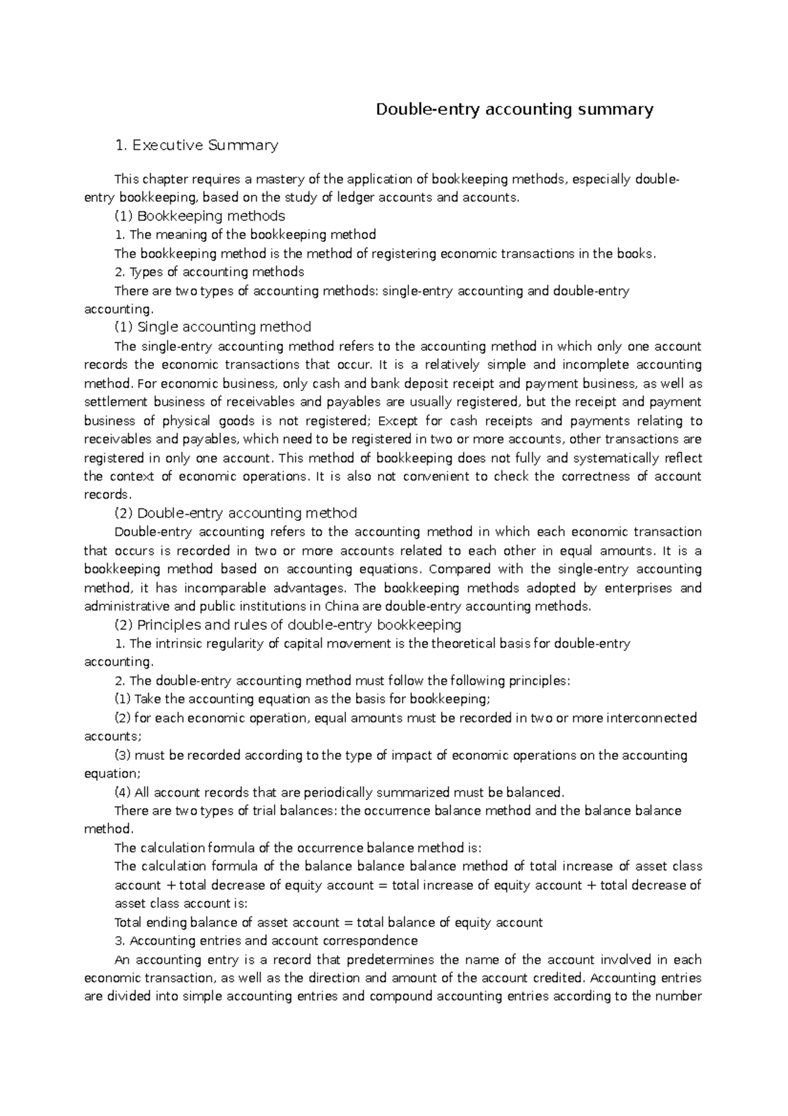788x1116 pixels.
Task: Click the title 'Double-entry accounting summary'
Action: [514, 109]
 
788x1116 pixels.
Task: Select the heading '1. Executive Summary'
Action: [196, 145]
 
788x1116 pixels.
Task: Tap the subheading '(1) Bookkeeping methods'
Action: [200, 216]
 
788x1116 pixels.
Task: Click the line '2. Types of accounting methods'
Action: [209, 272]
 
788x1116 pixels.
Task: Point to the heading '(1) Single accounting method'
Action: [213, 327]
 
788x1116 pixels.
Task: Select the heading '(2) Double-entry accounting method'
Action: [236, 513]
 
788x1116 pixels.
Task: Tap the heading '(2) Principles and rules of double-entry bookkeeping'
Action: [288, 625]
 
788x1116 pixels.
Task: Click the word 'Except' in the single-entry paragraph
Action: [398, 420]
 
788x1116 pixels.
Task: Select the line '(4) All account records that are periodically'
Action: [339, 792]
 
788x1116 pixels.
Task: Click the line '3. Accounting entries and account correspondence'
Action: [266, 941]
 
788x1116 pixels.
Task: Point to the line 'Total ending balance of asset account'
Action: [328, 922]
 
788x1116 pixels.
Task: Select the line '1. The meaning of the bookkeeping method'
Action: [245, 234]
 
